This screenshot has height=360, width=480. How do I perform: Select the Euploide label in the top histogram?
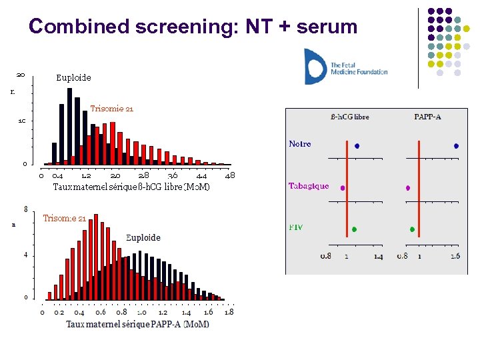(x=73, y=78)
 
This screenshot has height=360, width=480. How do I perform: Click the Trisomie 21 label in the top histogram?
(x=112, y=109)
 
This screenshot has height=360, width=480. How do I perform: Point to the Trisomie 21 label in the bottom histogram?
(x=64, y=218)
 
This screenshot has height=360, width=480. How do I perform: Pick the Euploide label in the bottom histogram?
(x=143, y=237)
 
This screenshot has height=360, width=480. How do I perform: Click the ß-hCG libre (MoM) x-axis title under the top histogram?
(x=131, y=187)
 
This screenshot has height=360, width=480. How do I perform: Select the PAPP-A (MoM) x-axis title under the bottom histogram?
(x=137, y=324)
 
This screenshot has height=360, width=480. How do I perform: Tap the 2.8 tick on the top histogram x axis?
(x=143, y=175)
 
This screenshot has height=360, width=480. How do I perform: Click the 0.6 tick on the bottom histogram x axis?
(x=101, y=312)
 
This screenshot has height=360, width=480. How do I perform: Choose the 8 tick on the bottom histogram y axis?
(x=25, y=209)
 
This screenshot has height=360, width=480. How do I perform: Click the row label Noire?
(x=300, y=144)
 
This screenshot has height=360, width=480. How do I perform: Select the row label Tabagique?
(x=308, y=186)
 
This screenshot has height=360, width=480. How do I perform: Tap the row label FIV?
(x=295, y=227)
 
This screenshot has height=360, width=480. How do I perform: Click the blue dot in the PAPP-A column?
(x=456, y=145)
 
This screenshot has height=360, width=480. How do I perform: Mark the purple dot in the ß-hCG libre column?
(x=343, y=188)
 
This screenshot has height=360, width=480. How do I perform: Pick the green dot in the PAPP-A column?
(x=413, y=229)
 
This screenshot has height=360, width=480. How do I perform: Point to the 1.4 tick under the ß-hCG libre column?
(x=378, y=256)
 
